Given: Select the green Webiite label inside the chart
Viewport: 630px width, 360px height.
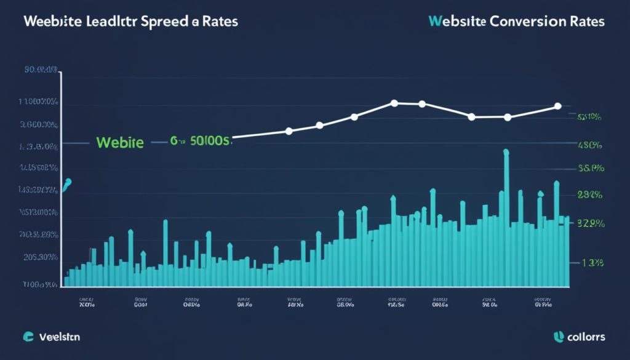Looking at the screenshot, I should point(120,143).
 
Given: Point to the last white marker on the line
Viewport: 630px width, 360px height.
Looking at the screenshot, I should point(557,106).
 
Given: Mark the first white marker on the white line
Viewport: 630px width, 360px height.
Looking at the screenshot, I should point(289,130).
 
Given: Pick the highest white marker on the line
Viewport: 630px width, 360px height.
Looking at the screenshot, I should point(394,103).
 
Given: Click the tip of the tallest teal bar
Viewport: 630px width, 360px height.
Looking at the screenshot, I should point(506,151).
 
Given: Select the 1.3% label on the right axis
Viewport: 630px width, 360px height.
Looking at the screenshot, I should point(592,263).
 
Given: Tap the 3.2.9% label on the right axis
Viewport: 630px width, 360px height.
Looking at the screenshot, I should point(589,224).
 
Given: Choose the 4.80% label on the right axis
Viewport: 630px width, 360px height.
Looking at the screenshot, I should point(590,146).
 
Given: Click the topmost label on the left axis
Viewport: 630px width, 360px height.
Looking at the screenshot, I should point(41,70).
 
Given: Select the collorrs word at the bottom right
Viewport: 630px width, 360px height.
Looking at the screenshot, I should point(587,337).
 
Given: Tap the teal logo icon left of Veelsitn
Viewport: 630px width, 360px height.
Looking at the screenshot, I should point(28,337).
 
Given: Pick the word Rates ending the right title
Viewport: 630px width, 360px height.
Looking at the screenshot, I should point(584,21).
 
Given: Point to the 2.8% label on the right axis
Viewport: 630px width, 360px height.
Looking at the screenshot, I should point(590,194).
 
